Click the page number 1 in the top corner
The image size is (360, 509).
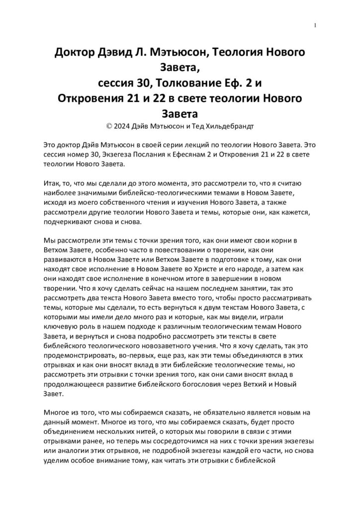click(316, 25)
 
